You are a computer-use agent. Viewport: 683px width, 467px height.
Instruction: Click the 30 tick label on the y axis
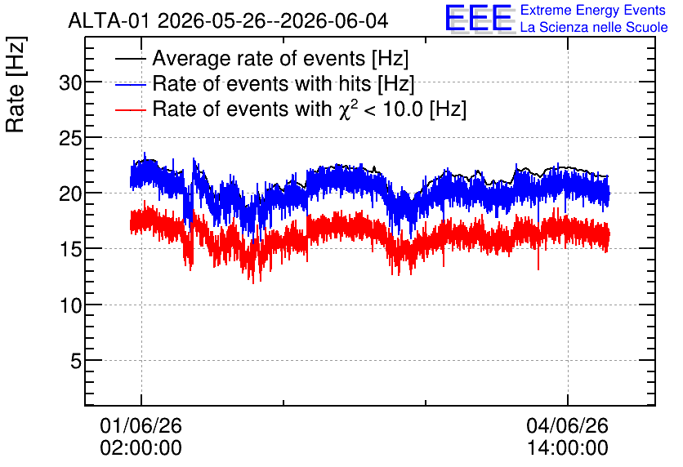[x=70, y=82]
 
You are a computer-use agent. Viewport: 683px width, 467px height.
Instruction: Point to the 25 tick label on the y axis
[x=70, y=138]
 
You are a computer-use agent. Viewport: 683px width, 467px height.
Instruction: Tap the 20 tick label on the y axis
[x=70, y=193]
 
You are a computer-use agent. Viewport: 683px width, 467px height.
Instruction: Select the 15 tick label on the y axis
[x=70, y=249]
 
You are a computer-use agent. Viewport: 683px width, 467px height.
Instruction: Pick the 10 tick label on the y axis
[x=70, y=305]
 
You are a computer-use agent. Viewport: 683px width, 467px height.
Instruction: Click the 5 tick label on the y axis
[x=76, y=361]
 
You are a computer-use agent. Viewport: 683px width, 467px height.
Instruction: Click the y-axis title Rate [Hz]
[x=16, y=84]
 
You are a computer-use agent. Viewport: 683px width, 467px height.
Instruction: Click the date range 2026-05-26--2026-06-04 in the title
[x=273, y=20]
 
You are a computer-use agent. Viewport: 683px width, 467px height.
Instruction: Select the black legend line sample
[x=130, y=59]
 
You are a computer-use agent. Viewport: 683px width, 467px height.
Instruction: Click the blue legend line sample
[x=130, y=84]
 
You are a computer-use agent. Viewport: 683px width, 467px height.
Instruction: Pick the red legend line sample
[x=130, y=109]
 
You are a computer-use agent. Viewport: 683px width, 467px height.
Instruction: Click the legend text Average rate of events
[x=259, y=58]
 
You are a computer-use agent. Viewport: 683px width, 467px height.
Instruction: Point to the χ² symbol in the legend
[x=346, y=109]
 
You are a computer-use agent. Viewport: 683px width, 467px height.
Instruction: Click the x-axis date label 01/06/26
[x=141, y=425]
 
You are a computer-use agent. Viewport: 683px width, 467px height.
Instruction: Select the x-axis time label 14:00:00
[x=568, y=448]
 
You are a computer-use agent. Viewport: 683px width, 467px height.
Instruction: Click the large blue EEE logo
[x=480, y=19]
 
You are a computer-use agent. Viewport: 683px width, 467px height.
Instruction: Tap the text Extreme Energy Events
[x=593, y=10]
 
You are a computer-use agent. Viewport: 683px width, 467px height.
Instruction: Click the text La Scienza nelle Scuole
[x=594, y=27]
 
